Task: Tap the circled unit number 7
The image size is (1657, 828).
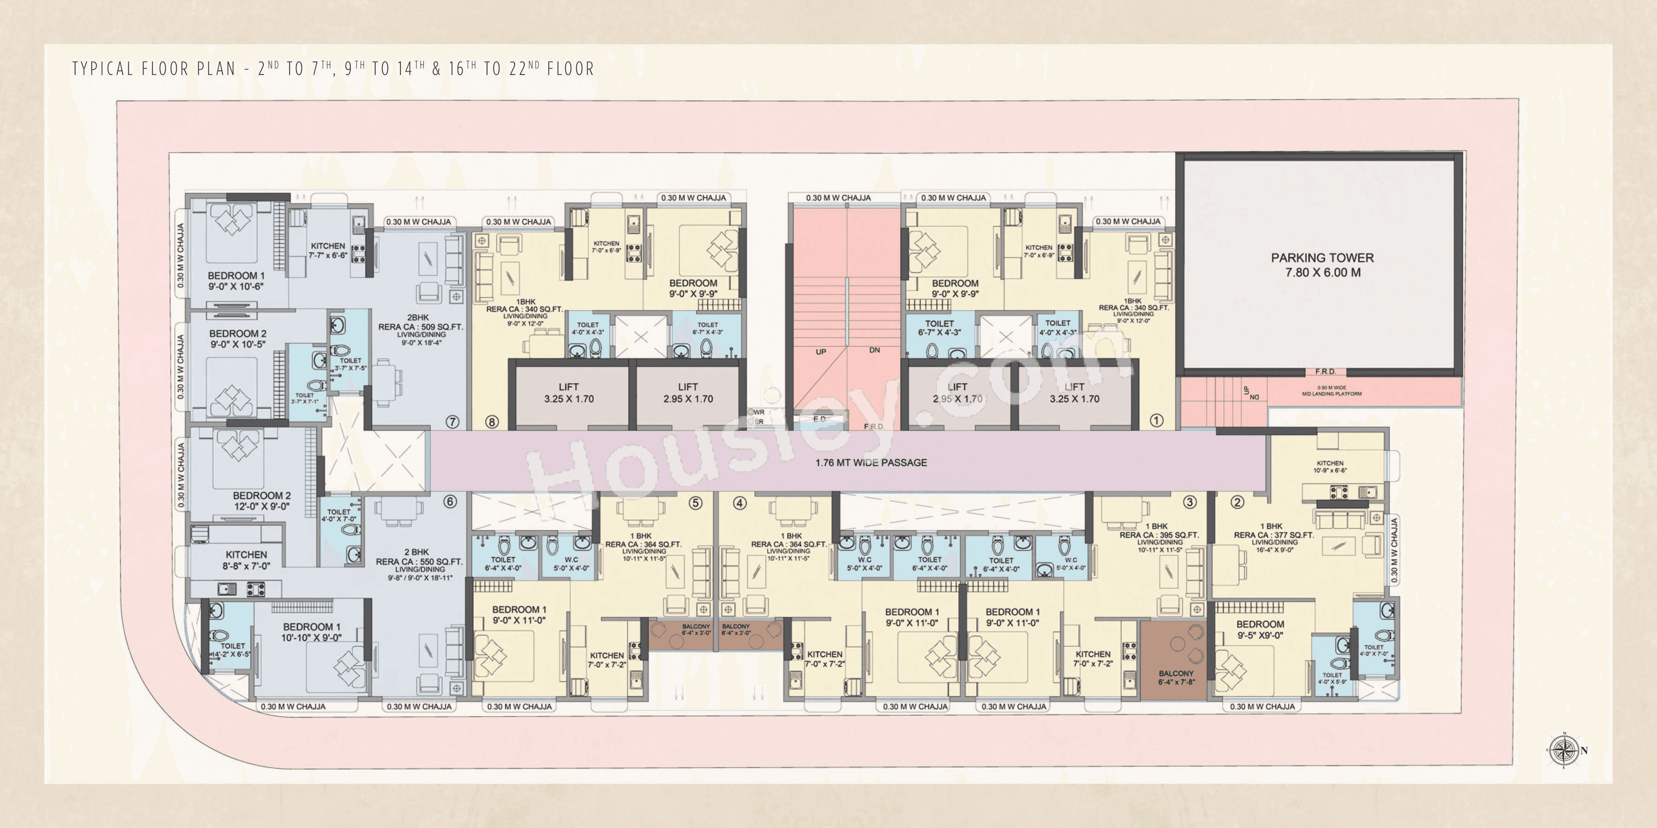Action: pyautogui.click(x=452, y=422)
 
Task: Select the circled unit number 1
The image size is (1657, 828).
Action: pyautogui.click(x=1156, y=420)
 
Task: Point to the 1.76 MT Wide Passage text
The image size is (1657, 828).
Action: pyautogui.click(x=871, y=462)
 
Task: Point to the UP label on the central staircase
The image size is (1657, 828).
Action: pyautogui.click(x=821, y=351)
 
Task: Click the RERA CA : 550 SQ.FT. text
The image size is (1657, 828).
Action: pyautogui.click(x=419, y=561)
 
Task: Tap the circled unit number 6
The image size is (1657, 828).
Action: pyautogui.click(x=450, y=501)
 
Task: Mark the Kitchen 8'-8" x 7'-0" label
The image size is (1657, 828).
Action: pyautogui.click(x=246, y=560)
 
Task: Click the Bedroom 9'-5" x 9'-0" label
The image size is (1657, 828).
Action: pyautogui.click(x=1259, y=629)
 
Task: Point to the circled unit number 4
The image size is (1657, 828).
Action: pyautogui.click(x=740, y=503)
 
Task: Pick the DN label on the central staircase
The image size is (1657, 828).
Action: pyautogui.click(x=874, y=351)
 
